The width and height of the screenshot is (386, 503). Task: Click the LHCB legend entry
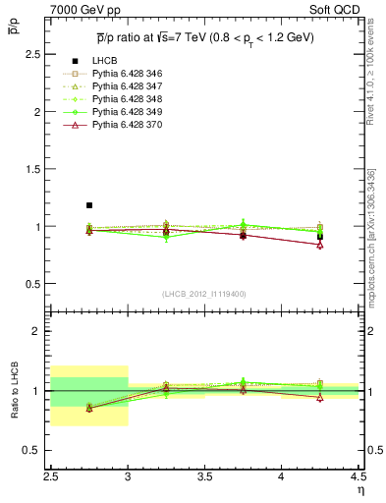[105, 62]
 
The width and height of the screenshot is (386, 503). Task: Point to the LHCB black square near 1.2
[89, 205]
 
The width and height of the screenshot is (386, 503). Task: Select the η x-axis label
[360, 489]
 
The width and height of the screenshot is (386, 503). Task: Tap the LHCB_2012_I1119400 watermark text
[204, 294]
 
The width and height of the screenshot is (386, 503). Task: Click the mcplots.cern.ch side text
[371, 235]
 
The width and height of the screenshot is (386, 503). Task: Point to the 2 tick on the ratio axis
[38, 331]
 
